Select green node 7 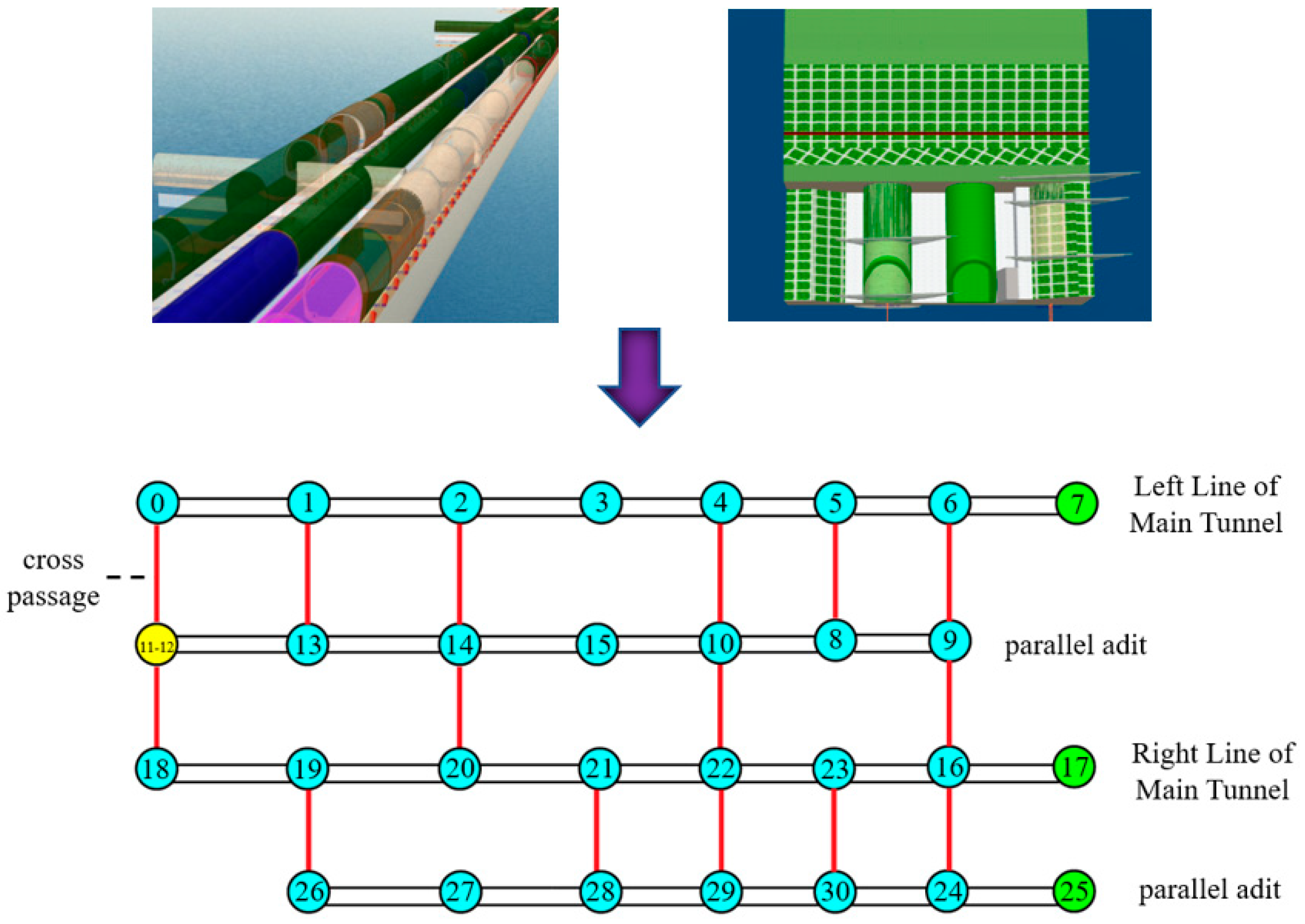coord(1076,503)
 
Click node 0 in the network coord(158,503)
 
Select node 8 coord(835,640)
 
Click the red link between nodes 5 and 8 coord(835,571)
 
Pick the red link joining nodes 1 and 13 coord(308,574)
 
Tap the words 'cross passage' coord(53,578)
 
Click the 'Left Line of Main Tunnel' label coord(1206,504)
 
